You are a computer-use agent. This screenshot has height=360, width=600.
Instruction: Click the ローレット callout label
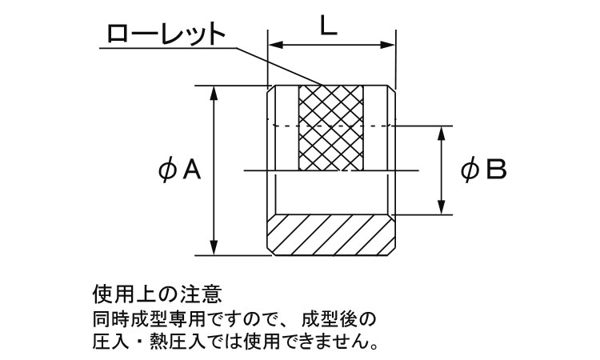(x=166, y=34)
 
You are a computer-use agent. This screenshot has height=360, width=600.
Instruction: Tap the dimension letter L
(x=328, y=26)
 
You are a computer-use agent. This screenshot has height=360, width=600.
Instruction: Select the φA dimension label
(x=179, y=170)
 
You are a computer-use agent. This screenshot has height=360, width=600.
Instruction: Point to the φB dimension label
(x=483, y=170)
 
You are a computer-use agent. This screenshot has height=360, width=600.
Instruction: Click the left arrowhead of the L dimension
(x=275, y=45)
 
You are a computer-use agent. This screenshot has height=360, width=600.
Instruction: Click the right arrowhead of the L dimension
(x=387, y=45)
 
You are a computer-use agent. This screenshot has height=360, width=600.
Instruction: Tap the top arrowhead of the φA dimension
(x=214, y=94)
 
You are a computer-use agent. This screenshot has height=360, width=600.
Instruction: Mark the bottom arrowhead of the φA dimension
(x=214, y=247)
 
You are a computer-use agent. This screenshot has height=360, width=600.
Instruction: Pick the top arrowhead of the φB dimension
(x=442, y=133)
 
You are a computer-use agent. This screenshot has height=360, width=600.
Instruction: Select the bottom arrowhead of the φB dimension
(x=442, y=207)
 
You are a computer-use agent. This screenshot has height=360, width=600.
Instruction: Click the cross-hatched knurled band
(x=331, y=128)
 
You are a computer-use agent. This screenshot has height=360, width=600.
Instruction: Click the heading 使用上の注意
(x=158, y=294)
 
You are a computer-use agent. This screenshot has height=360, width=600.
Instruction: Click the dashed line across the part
(x=331, y=126)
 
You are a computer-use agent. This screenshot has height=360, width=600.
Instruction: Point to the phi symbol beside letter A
(x=167, y=170)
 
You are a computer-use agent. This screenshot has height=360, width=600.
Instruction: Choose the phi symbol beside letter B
(x=469, y=170)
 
